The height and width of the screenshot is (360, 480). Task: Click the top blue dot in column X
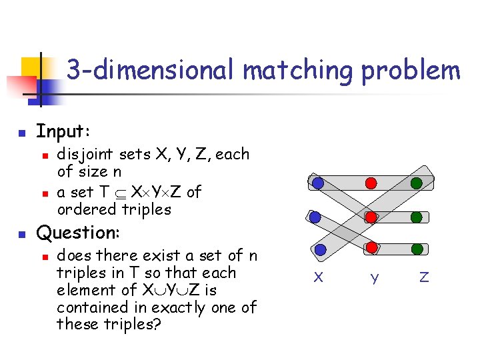pos(319,183)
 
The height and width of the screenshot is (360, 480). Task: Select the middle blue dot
pos(316,217)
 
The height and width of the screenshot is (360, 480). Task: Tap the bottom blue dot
pos(321,250)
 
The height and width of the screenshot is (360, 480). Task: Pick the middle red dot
pos(373,217)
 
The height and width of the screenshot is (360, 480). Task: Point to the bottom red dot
pos(373,248)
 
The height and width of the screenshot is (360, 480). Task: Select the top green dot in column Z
pos(417,183)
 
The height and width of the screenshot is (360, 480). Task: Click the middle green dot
pos(417,217)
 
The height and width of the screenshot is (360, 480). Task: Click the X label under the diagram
pos(319,277)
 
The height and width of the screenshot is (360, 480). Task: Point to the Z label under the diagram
pos(424,277)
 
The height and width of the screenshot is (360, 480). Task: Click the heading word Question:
pos(78,233)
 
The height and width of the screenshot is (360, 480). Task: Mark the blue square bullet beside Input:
pos(22,132)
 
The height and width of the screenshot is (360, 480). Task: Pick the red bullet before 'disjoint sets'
pos(44,156)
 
